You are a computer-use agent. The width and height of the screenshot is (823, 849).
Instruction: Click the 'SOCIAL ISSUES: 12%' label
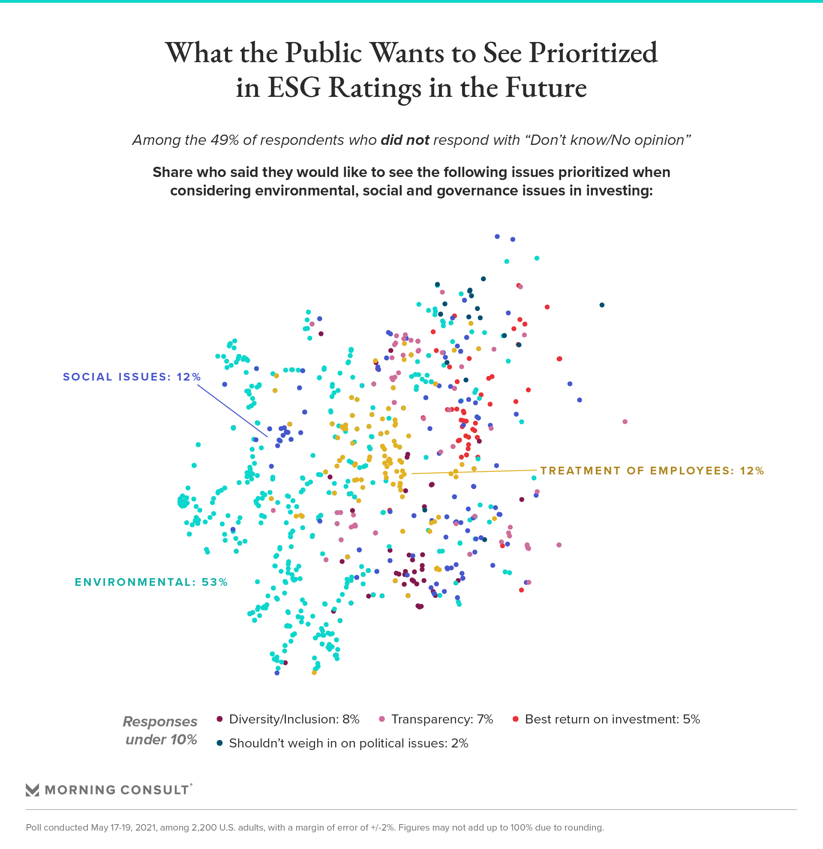click(132, 377)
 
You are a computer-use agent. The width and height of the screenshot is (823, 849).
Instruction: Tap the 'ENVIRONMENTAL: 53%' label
click(151, 582)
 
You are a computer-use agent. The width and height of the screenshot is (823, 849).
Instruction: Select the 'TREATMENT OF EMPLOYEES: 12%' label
click(652, 471)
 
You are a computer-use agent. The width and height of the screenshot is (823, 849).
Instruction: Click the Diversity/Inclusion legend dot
click(219, 720)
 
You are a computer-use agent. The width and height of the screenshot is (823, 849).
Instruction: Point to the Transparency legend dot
click(382, 720)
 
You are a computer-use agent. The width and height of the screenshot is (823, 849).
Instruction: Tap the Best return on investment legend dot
click(516, 720)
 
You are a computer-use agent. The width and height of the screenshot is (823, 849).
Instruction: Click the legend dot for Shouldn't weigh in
click(219, 743)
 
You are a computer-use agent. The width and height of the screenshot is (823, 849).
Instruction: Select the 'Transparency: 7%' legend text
click(442, 720)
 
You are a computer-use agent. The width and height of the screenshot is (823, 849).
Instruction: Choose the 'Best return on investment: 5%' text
click(612, 720)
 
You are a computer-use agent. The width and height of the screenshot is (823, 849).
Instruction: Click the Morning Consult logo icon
click(33, 790)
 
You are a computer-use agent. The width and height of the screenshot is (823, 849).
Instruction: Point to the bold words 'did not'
click(405, 140)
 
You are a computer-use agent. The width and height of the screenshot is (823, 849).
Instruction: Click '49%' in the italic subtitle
click(224, 140)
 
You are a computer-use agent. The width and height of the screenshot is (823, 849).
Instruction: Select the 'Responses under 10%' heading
click(161, 730)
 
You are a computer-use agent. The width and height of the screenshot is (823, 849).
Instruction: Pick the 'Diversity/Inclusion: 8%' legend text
click(294, 720)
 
